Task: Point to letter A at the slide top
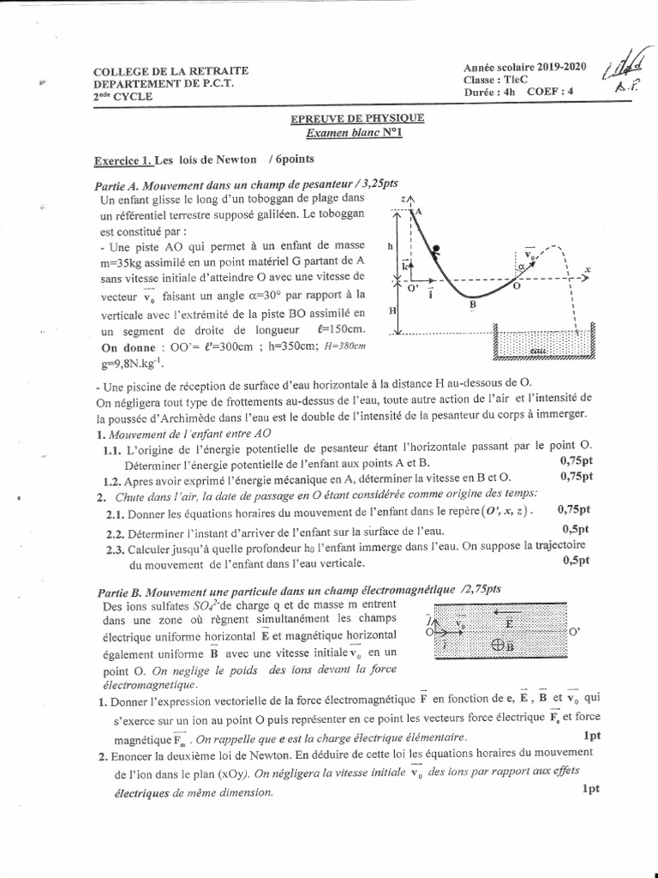click(x=420, y=210)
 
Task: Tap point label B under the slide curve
click(x=472, y=304)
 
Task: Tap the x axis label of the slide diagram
click(x=589, y=269)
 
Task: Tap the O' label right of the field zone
click(x=575, y=632)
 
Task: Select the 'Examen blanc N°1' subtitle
click(x=355, y=133)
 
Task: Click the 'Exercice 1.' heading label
click(x=123, y=160)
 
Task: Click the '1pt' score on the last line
click(x=590, y=789)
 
